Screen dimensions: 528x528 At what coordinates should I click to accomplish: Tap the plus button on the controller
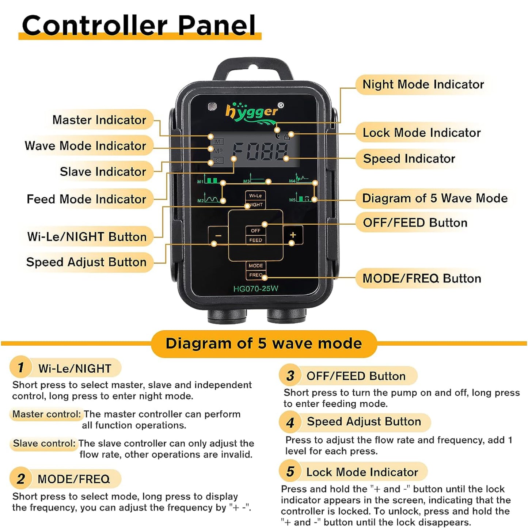click(293, 235)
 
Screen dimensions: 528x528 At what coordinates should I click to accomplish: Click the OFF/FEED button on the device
click(255, 235)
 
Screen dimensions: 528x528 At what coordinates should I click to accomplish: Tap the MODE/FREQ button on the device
click(256, 270)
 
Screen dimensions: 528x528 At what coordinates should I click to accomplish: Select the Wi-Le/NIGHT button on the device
click(255, 200)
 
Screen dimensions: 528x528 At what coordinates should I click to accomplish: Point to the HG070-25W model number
click(256, 289)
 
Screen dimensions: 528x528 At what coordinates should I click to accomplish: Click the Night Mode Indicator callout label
click(423, 84)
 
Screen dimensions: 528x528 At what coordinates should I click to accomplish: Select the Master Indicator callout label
click(99, 120)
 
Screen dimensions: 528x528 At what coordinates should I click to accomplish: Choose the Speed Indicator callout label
click(409, 159)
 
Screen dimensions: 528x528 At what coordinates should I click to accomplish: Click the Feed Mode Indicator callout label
click(86, 199)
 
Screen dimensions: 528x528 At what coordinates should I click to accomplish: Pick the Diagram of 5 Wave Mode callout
click(435, 198)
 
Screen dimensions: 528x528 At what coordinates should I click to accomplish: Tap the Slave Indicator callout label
click(103, 171)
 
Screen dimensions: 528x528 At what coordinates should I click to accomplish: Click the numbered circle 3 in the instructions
click(290, 376)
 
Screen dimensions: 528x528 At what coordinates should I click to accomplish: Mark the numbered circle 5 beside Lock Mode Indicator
click(290, 472)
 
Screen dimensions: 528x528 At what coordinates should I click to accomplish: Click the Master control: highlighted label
click(46, 414)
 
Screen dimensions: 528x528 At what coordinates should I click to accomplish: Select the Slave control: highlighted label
click(44, 443)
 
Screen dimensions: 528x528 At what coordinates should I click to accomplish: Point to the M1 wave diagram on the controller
click(209, 179)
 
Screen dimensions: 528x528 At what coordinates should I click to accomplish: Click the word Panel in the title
click(217, 25)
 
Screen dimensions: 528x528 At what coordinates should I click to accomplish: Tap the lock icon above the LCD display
click(286, 136)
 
